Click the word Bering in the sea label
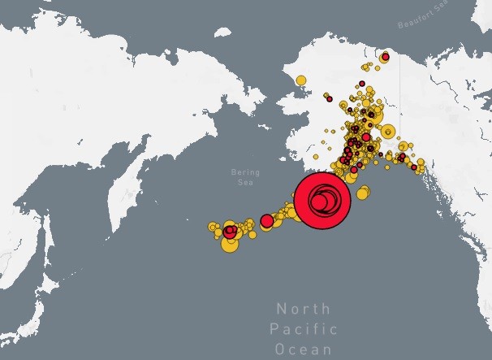point(244,172)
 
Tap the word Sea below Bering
point(244,183)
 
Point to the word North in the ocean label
point(303,309)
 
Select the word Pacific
point(303,329)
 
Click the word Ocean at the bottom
point(303,349)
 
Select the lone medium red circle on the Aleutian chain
point(266,220)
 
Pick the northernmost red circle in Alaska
point(385,57)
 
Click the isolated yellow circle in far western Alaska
point(301,80)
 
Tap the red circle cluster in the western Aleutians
point(231,232)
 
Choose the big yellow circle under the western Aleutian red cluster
point(230,243)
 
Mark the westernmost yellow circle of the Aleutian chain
point(212,227)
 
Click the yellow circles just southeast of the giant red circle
point(362,193)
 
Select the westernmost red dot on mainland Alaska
point(330,98)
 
